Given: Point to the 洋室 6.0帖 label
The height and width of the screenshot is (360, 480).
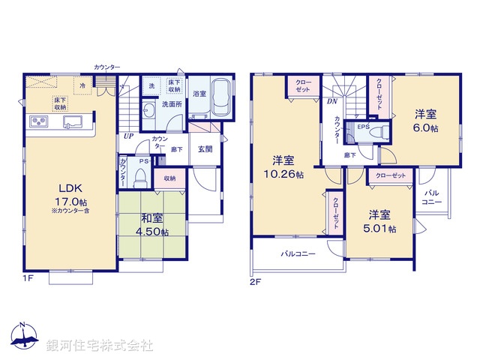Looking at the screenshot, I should tap(426, 121).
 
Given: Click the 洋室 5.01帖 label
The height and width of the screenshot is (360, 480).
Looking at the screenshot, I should tap(382, 220).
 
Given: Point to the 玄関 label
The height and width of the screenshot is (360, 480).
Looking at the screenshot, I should tap(205, 148).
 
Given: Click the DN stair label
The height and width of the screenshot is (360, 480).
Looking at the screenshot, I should tap(331, 102).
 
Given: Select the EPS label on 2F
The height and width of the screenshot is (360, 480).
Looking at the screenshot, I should tap(363, 126).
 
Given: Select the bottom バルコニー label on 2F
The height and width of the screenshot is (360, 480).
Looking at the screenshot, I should tap(298, 254).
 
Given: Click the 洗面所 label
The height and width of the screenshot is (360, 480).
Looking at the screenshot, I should tap(172, 104).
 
